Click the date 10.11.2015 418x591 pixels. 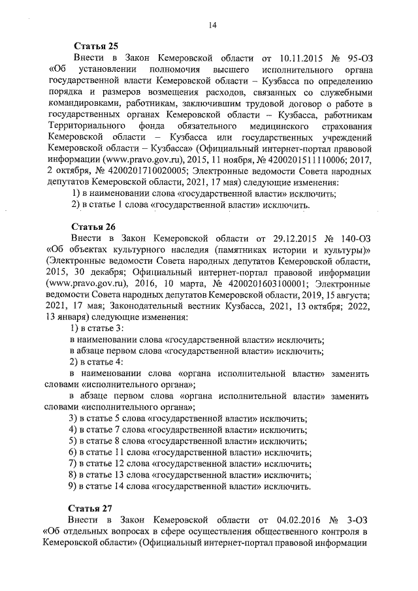pos(293,59)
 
